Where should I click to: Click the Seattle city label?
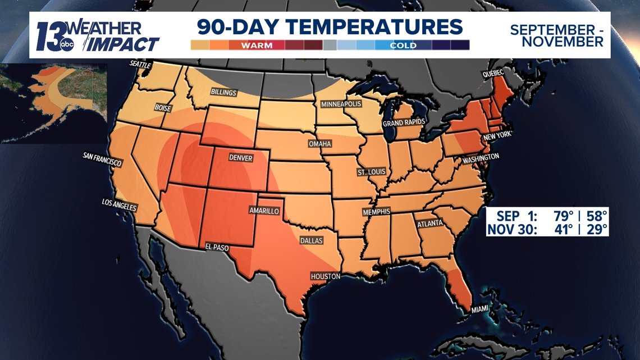click(140, 65)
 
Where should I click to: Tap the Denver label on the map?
click(241, 158)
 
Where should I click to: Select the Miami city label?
click(480, 309)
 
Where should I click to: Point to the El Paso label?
click(217, 246)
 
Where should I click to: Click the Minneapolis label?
click(341, 104)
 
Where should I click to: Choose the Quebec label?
click(493, 74)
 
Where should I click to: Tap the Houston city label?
click(326, 276)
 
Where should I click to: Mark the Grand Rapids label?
click(404, 122)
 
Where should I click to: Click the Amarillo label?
click(264, 211)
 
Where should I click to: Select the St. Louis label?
click(371, 172)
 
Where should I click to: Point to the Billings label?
click(223, 92)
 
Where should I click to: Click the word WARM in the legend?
click(257, 45)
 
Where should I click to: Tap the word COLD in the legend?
click(403, 45)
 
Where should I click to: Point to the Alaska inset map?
click(53, 101)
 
